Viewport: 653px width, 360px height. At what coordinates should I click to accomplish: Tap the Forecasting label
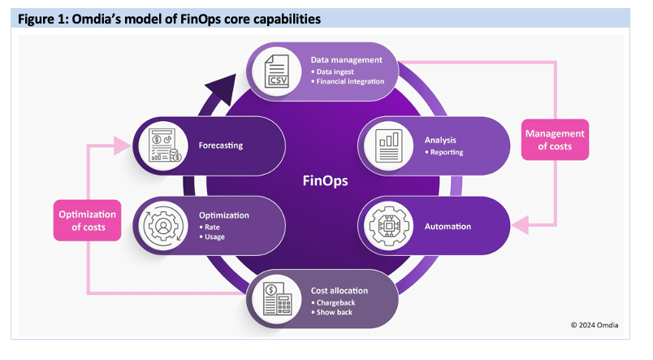pyautogui.click(x=221, y=146)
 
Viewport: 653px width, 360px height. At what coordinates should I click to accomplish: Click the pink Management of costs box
pyautogui.click(x=556, y=140)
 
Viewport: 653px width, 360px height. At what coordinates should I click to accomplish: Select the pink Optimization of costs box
pyautogui.click(x=88, y=220)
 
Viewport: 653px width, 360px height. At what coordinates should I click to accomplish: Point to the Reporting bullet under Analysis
pyautogui.click(x=446, y=152)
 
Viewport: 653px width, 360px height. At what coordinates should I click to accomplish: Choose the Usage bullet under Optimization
pyautogui.click(x=214, y=237)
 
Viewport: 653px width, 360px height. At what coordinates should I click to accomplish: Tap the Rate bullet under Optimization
pyautogui.click(x=211, y=227)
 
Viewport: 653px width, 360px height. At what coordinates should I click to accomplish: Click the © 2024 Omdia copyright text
pyautogui.click(x=596, y=324)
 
